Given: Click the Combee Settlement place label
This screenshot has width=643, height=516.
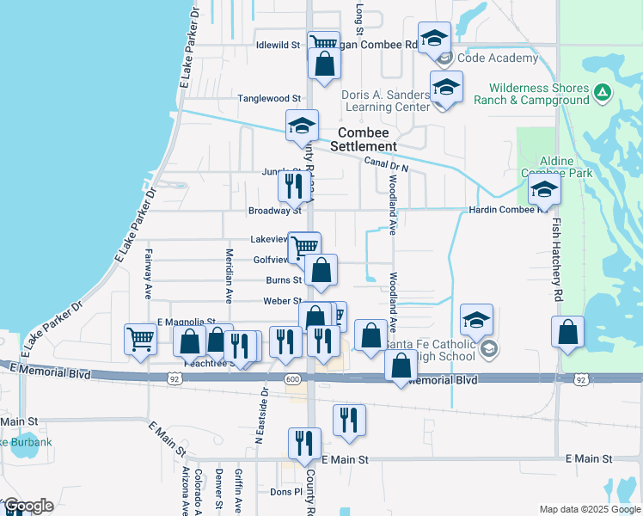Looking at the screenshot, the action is click(367, 139).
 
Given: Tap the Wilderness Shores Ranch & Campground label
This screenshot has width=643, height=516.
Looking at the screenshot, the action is click(539, 94).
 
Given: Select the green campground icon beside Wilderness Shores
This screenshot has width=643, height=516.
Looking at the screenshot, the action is click(603, 91).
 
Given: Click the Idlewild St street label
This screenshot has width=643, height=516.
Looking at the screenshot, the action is click(277, 45).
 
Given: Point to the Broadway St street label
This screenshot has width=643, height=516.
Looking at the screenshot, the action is click(274, 210).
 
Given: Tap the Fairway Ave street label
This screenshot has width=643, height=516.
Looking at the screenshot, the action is click(148, 266).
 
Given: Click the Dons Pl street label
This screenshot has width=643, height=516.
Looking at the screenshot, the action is click(287, 492).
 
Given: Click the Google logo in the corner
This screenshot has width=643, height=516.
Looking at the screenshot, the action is click(28, 505).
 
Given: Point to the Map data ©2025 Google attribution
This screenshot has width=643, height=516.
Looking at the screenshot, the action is click(589, 509).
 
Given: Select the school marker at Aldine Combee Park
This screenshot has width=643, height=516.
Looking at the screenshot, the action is click(544, 190).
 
